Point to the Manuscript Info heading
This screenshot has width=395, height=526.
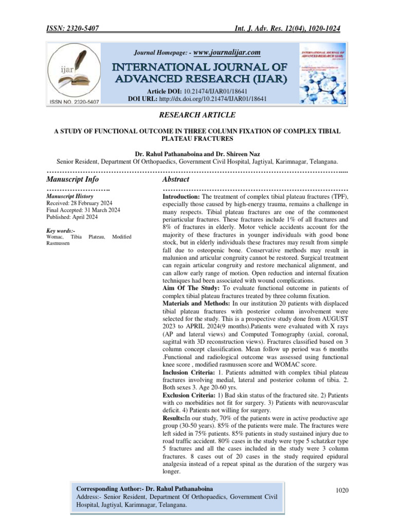73,179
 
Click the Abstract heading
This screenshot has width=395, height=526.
175,179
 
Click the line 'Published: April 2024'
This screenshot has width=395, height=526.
73,216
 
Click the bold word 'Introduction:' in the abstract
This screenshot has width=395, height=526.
181,197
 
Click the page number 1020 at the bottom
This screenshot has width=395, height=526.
342,490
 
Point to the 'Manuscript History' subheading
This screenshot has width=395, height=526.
70,196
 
